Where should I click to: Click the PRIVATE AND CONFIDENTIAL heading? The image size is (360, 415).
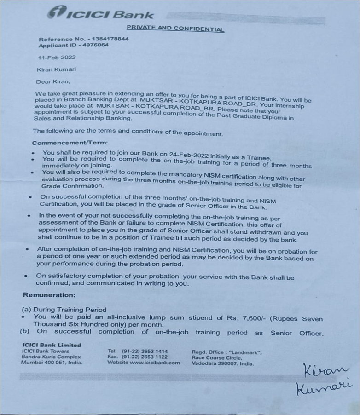point(175,29)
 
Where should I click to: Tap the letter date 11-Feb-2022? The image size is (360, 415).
point(57,58)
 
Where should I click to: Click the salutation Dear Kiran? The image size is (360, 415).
point(53,81)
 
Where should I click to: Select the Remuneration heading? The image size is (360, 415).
point(49,294)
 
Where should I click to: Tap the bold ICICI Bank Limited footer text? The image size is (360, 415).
point(51,345)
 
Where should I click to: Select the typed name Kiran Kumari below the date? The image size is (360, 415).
point(57,69)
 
